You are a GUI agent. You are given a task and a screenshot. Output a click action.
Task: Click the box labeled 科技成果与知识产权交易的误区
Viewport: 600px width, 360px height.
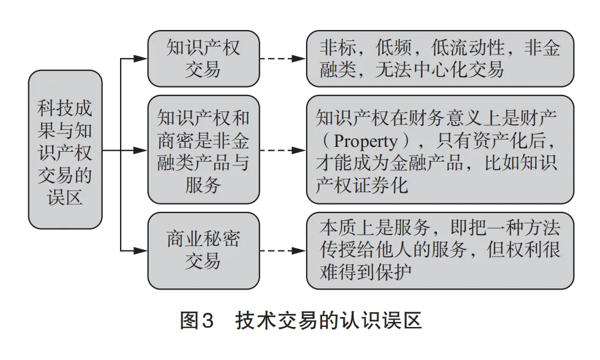coord(65,149)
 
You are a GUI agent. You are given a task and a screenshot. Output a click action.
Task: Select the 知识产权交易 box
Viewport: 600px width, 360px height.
coord(203,59)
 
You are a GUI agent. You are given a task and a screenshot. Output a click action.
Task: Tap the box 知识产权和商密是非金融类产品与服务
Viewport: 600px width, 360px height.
coord(203,150)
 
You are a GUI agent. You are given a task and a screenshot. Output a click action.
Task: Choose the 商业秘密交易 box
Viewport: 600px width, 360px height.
coord(203,250)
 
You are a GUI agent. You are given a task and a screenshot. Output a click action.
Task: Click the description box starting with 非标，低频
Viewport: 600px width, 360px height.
coord(440,59)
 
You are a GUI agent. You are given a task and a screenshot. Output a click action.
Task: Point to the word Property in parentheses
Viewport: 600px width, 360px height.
coord(365,142)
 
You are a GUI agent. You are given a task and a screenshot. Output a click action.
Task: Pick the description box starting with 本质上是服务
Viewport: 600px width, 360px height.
coord(440,250)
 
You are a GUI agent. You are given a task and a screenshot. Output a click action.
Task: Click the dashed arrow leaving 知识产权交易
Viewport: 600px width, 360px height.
coord(282,59)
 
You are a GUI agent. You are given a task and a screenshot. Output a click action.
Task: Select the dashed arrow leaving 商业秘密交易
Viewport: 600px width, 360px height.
coord(282,250)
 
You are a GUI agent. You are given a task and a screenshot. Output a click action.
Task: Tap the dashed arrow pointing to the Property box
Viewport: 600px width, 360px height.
coord(282,150)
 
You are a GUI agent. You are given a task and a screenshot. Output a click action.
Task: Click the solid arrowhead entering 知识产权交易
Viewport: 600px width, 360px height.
coord(141,59)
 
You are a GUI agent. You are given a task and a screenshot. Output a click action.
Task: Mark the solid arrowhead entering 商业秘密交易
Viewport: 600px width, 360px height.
coord(141,250)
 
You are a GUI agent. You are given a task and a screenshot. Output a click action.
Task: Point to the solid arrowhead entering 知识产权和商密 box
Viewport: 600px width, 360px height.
coord(141,150)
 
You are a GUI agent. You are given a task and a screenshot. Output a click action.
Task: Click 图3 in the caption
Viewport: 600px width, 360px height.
coord(197,321)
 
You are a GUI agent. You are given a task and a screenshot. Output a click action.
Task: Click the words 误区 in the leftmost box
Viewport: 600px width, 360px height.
coord(65,198)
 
